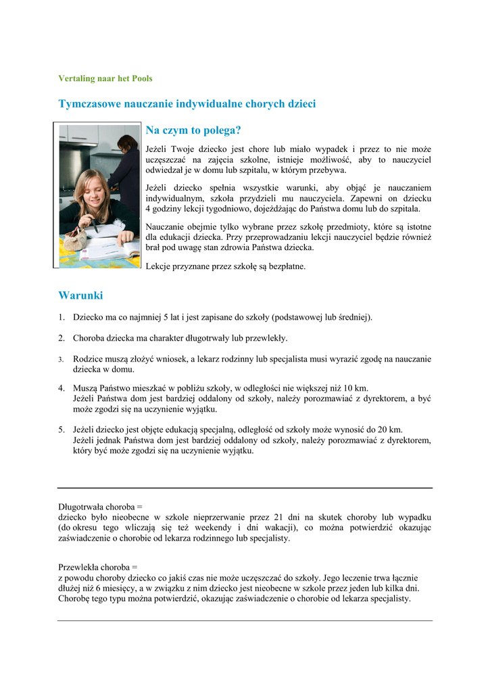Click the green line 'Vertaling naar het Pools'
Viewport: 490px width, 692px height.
[105, 78]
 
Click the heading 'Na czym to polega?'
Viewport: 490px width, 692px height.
[193, 130]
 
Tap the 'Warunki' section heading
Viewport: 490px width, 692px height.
[80, 295]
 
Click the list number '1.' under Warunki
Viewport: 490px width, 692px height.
[61, 317]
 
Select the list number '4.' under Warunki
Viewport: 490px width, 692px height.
[61, 389]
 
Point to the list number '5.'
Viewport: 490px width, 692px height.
[61, 430]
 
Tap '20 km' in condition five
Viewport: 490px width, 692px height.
[391, 430]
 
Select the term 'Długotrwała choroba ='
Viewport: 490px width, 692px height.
[100, 506]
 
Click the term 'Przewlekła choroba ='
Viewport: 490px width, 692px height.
[97, 567]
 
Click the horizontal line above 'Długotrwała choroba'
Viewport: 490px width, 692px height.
[245, 488]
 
